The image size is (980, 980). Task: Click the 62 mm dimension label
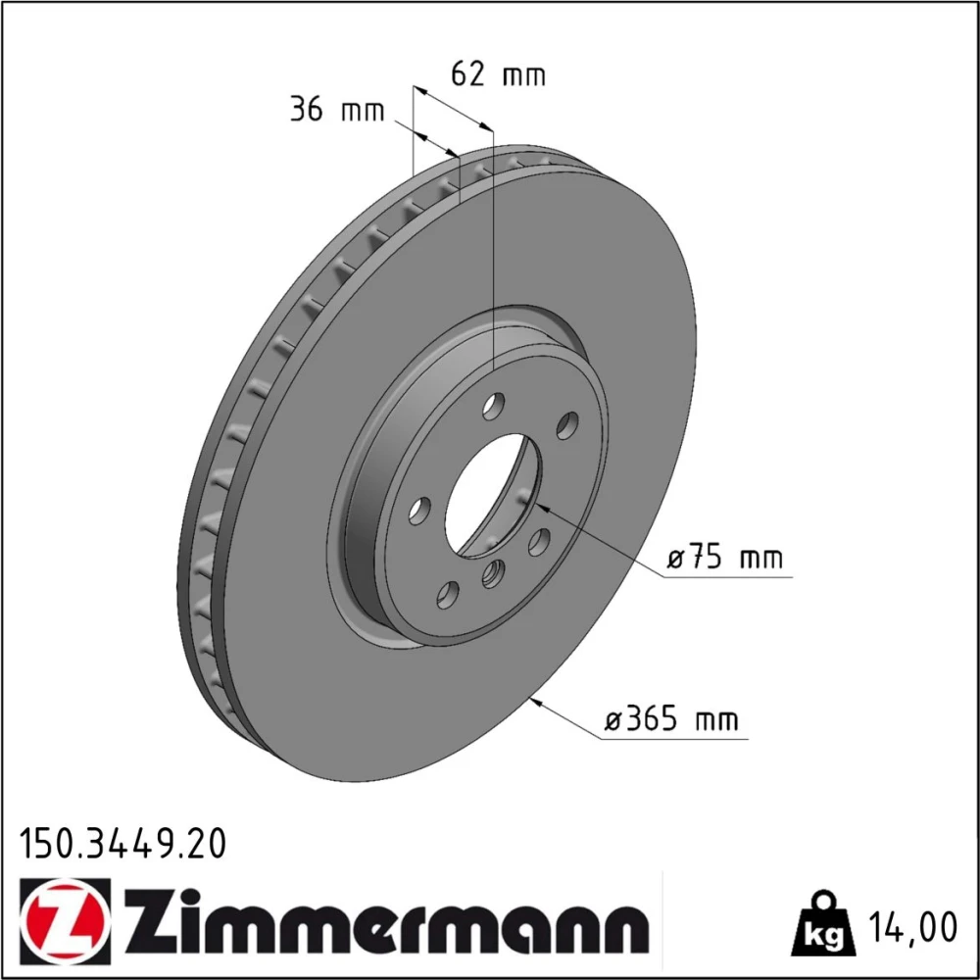coord(498,75)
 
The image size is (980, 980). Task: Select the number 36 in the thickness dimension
coord(306,110)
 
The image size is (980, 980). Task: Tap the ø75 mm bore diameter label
coord(724,558)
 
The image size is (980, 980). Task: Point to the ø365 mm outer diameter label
coord(671,719)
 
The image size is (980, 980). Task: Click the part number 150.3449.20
coord(123,845)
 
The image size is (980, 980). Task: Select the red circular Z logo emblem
coord(65,922)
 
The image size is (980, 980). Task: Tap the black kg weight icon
coord(822,925)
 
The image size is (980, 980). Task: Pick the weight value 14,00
coord(911,927)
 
